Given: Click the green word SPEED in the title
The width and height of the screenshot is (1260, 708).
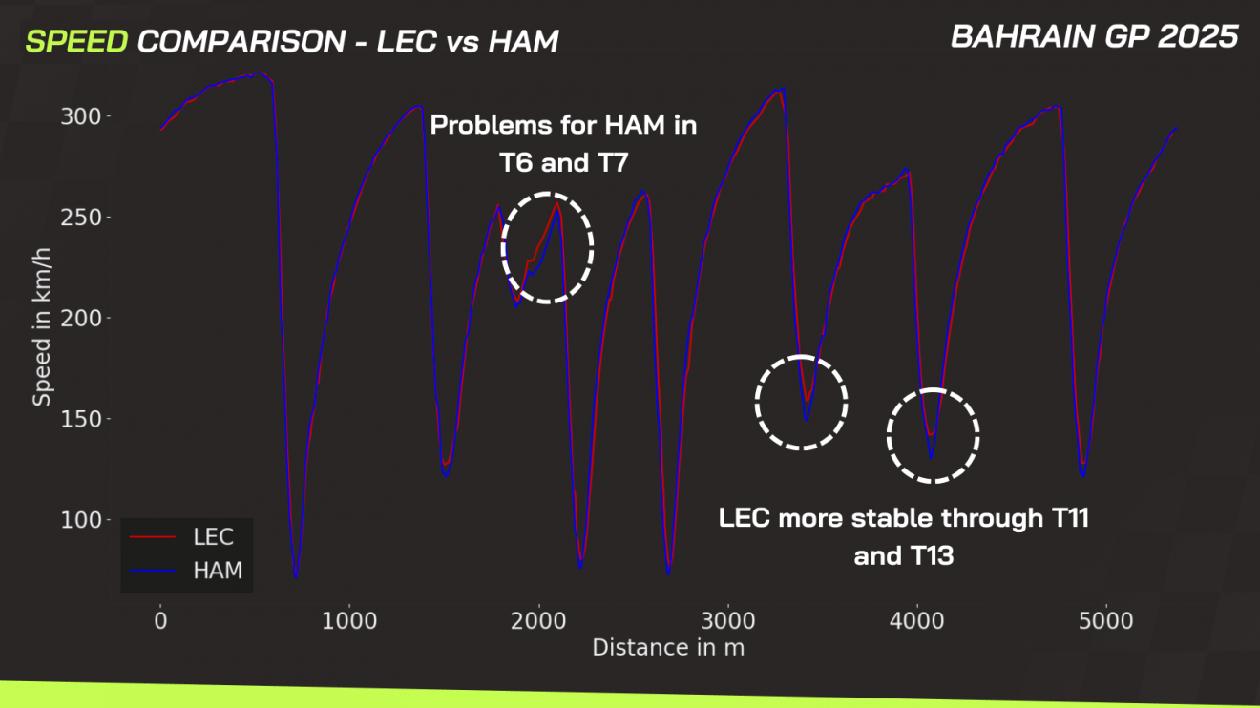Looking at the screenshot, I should pyautogui.click(x=76, y=41).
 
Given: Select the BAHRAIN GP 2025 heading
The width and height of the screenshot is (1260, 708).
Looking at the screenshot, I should pyautogui.click(x=1094, y=37).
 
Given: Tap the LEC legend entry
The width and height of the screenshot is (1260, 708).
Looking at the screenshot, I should pyautogui.click(x=213, y=536).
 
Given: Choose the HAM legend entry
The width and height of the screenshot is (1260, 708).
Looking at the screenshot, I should pyautogui.click(x=217, y=571).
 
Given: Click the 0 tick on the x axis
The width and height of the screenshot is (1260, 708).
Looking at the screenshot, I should pyautogui.click(x=160, y=621).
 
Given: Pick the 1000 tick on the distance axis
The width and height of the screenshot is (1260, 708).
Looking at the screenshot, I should pyautogui.click(x=349, y=621).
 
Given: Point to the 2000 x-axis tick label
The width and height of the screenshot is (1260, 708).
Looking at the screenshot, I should pyautogui.click(x=538, y=621).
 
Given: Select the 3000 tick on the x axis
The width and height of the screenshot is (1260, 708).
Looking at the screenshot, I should pyautogui.click(x=728, y=621).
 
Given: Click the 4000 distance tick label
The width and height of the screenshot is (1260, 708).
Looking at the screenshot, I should pyautogui.click(x=917, y=621).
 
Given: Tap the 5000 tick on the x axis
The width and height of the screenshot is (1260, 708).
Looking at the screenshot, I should pyautogui.click(x=1106, y=621).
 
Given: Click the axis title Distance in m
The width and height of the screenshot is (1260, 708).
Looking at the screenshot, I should pyautogui.click(x=667, y=648).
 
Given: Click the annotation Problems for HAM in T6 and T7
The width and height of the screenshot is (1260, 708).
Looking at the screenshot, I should pyautogui.click(x=563, y=143).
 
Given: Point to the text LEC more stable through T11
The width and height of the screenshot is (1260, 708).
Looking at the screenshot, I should pyautogui.click(x=903, y=519).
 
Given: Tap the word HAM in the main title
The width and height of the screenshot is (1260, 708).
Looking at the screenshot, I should pyautogui.click(x=524, y=41).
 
